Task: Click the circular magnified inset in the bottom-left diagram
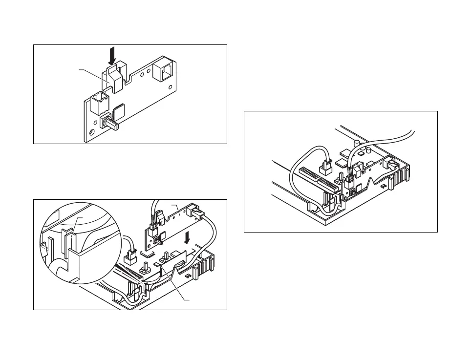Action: coord(81,242)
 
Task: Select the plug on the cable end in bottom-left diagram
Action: coord(131,255)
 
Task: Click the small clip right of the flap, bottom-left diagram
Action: coord(188,277)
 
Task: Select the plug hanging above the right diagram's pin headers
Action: coord(326,169)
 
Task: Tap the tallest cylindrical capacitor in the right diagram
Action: coord(358,145)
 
